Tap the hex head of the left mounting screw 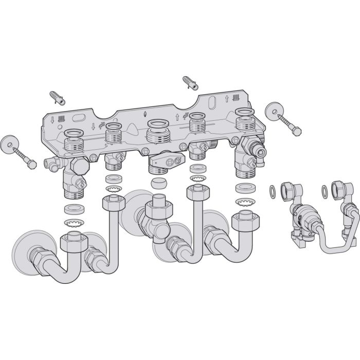pyautogui.click(x=31, y=165)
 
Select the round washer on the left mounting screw pyautogui.click(x=9, y=142)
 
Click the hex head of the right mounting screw pyautogui.click(x=297, y=132)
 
